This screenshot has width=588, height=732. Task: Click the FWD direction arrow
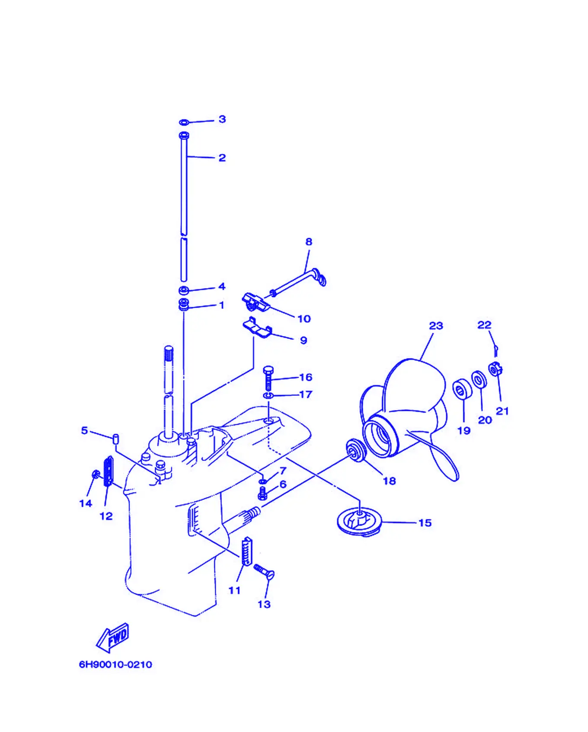[x=112, y=637]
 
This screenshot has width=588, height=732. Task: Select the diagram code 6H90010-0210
[x=115, y=665]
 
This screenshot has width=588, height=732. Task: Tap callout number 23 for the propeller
[x=436, y=326]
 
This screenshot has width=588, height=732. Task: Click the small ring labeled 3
[x=184, y=123]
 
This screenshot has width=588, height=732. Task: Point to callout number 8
[x=309, y=242]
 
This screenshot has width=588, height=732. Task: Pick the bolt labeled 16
[x=268, y=378]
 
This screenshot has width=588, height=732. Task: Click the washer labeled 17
[x=268, y=396]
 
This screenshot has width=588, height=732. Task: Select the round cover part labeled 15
[x=359, y=522]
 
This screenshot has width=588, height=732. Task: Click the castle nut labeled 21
[x=495, y=369]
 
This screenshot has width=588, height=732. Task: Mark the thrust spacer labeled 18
[x=356, y=450]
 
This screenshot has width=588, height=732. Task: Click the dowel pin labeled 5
[x=115, y=439]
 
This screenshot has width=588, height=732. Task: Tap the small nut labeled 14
[x=96, y=474]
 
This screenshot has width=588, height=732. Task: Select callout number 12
[x=106, y=516]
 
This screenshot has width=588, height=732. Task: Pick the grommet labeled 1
[x=184, y=305]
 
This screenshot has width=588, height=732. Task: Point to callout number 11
[x=234, y=590]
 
